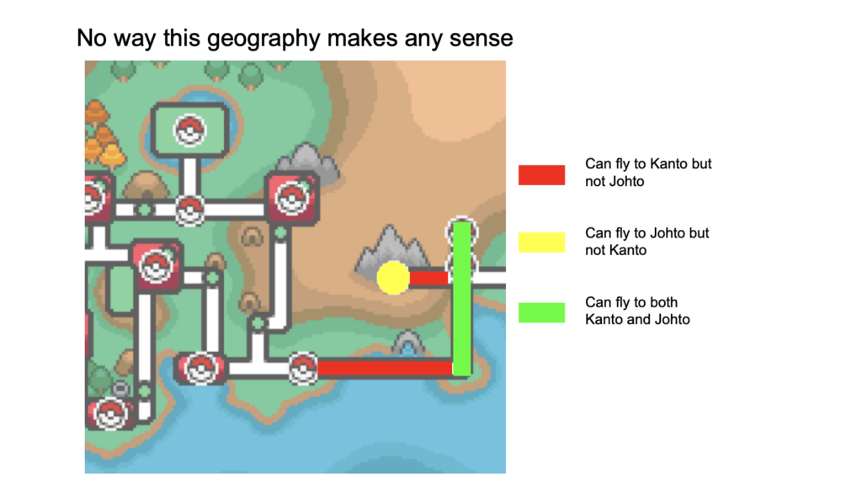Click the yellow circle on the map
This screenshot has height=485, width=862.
[393, 278]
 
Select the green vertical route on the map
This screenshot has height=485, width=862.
[462, 299]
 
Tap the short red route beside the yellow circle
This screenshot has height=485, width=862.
[429, 278]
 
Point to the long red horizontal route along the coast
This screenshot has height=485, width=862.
[385, 367]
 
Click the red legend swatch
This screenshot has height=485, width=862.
[541, 175]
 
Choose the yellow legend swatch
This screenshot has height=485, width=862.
[541, 242]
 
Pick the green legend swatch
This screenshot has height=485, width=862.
[541, 312]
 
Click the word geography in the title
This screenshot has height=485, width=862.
[266, 40]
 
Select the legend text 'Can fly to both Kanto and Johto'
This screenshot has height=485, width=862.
[637, 311]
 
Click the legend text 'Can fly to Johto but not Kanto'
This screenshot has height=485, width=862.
[647, 242]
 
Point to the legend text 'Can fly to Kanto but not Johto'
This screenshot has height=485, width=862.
[648, 172]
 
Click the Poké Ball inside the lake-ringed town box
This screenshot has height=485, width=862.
[189, 131]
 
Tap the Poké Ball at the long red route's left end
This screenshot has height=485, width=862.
[303, 367]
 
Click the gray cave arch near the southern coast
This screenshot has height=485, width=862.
[408, 344]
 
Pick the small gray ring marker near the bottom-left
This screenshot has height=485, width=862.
[120, 389]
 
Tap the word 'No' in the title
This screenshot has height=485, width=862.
[91, 39]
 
